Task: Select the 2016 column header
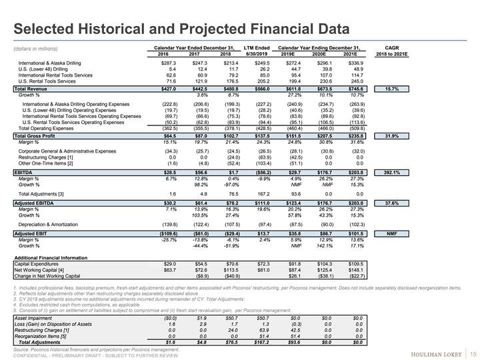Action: (x=167, y=55)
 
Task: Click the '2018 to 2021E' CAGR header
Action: (x=392, y=55)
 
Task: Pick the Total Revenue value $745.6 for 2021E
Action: (x=355, y=89)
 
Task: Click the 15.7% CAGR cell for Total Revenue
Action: (x=392, y=89)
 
